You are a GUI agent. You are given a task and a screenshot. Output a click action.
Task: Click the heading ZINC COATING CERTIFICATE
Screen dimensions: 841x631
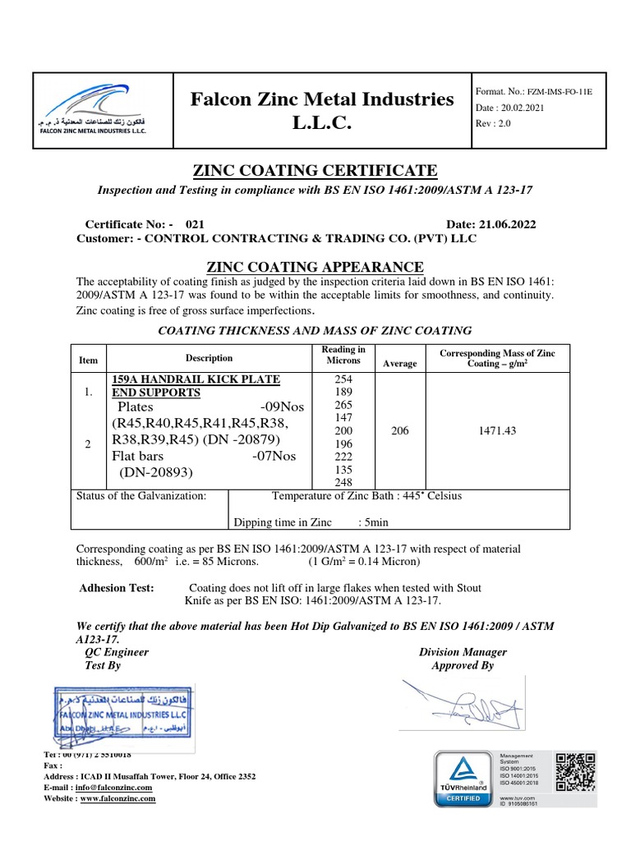tap(315, 171)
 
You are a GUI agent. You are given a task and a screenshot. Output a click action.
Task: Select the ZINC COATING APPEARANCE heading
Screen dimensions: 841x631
tap(315, 267)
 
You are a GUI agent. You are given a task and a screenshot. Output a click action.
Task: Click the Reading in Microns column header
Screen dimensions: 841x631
tap(343, 355)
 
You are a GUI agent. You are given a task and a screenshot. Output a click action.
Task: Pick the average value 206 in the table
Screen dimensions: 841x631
tap(399, 430)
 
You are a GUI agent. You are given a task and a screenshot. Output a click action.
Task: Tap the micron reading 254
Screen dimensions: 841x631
tap(343, 379)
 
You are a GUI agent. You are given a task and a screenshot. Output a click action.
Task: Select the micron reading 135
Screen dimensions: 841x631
tap(343, 470)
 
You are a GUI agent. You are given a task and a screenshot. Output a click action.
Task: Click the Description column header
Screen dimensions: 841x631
tap(209, 358)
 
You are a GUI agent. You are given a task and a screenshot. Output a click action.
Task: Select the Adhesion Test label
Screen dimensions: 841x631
tap(116, 588)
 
